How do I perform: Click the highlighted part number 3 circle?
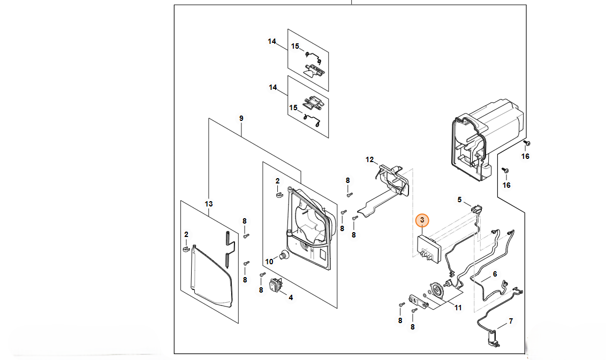422,220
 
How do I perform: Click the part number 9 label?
241,118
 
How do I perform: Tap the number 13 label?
209,204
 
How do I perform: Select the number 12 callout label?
369,159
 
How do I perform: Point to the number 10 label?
269,262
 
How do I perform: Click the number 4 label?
291,297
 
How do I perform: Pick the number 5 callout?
459,200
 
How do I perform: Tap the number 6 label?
495,274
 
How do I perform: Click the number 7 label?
511,321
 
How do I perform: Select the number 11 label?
458,308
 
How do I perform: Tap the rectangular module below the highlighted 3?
429,250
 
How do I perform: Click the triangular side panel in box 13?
211,275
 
